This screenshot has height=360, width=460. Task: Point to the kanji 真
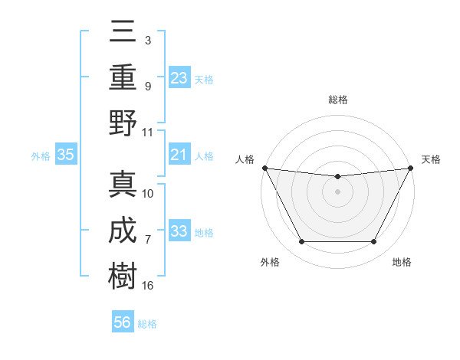[x=123, y=184]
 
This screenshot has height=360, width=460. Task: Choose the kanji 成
[x=123, y=230]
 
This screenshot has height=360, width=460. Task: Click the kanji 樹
[x=123, y=273]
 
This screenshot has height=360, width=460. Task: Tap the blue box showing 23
[x=179, y=78]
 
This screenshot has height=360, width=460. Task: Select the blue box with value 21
[x=179, y=155]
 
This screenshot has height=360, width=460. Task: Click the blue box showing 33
[x=179, y=232]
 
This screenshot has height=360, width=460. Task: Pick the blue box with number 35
[x=66, y=155]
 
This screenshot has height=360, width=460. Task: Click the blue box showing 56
[x=123, y=322]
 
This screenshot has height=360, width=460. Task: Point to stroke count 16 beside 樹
[x=148, y=286]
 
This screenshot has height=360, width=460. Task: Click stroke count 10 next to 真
[x=148, y=194]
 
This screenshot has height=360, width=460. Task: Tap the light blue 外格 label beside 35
[x=41, y=156]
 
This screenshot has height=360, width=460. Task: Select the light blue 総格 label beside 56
[x=147, y=323]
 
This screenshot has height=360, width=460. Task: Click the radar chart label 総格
[x=338, y=100]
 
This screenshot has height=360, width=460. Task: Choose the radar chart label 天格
[x=431, y=159]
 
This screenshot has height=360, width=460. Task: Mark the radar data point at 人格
[x=264, y=168]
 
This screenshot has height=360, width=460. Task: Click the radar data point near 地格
[x=374, y=242]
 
